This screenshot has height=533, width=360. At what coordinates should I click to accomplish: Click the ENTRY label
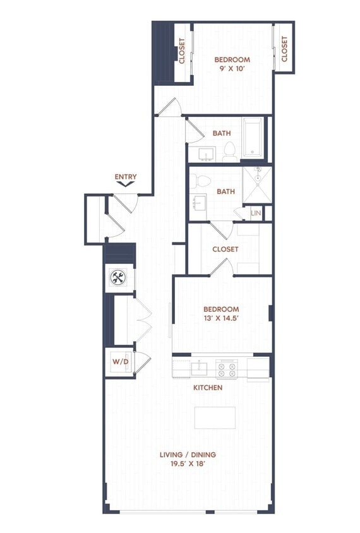click(x=125, y=177)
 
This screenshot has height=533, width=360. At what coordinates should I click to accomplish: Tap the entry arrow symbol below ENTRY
click(x=126, y=185)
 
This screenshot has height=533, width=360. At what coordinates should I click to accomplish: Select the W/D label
click(x=119, y=362)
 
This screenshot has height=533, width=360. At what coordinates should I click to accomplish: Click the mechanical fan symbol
click(x=118, y=277)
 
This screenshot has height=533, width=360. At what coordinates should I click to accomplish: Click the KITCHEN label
click(x=207, y=387)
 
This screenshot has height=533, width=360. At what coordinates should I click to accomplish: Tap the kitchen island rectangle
click(x=215, y=417)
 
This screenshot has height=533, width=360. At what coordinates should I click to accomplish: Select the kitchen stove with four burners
click(x=226, y=368)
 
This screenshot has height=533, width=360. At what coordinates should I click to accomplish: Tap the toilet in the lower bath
click(x=201, y=181)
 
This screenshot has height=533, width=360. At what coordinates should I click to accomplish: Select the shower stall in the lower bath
click(x=257, y=184)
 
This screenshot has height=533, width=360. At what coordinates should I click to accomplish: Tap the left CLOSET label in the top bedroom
click(x=182, y=52)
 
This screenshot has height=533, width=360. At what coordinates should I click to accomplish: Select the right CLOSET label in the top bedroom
click(x=284, y=49)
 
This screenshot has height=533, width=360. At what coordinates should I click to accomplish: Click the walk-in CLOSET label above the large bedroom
click(x=225, y=249)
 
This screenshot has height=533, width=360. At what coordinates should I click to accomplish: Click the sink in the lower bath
click(x=201, y=203)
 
